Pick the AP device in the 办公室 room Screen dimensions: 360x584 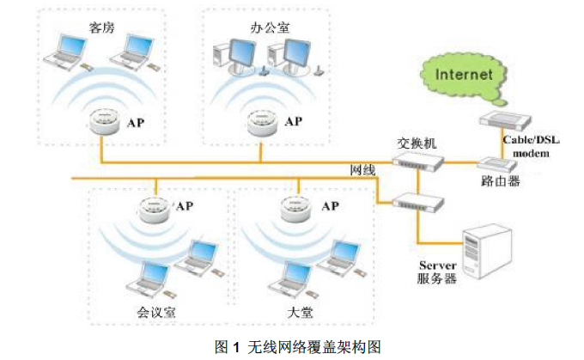pyautogui.click(x=262, y=124)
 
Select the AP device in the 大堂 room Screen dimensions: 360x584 pyautogui.click(x=297, y=209)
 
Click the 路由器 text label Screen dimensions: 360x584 pyautogui.click(x=502, y=182)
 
